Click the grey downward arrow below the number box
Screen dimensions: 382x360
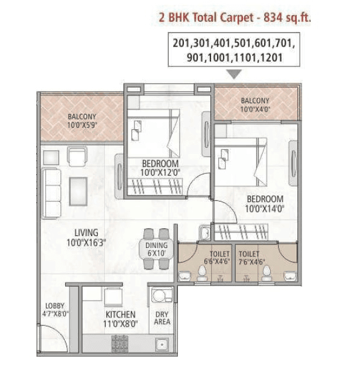point(235,74)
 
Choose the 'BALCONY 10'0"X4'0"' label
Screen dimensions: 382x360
point(255,105)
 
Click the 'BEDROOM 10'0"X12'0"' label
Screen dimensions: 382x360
point(160,168)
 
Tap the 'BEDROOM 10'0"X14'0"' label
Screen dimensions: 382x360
point(264,203)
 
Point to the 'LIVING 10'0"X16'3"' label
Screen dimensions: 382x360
point(86,237)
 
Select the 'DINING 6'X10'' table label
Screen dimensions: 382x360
point(157,249)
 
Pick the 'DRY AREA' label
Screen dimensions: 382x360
point(162,318)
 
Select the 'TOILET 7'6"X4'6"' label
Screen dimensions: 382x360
point(249,258)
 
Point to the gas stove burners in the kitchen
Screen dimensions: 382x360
point(120,344)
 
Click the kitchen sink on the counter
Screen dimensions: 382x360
point(161,345)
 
